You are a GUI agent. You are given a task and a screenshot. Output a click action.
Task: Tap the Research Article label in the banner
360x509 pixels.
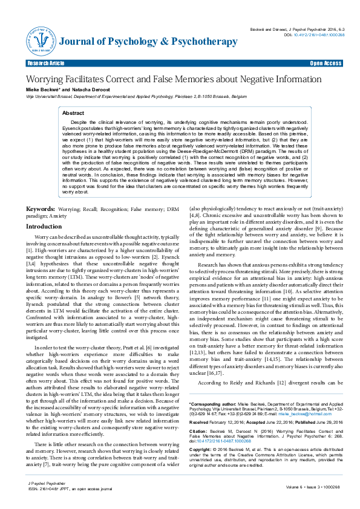click(x=45, y=63)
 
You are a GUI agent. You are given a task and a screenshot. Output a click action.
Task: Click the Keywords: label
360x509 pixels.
click(x=39, y=209)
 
